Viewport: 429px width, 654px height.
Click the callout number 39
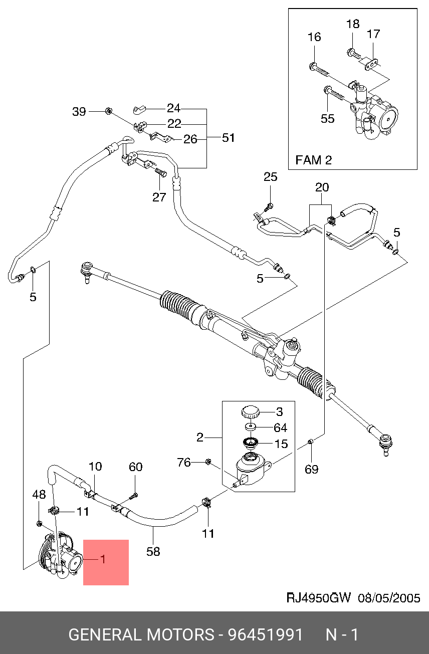point(79,112)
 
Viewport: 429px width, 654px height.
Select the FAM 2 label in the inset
point(313,160)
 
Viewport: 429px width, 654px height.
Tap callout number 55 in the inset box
point(327,119)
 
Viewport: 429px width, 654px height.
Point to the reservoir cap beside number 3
point(250,412)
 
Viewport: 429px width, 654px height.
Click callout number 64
point(280,427)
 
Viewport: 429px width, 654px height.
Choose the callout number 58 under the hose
point(153,551)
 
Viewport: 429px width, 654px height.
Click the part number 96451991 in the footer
point(266,635)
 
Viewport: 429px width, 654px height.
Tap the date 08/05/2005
point(389,598)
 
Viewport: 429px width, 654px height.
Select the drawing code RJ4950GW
point(318,598)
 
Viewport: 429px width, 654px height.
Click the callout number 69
point(312,469)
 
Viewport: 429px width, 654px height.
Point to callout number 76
point(184,462)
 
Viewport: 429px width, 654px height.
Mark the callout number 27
point(159,197)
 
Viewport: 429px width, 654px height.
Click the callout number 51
point(229,138)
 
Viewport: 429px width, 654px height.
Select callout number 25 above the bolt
point(270,177)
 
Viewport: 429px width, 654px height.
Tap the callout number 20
point(322,187)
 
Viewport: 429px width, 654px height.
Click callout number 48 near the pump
point(39,495)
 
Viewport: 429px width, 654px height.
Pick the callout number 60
point(136,467)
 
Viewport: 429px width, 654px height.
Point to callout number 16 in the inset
point(314,37)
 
